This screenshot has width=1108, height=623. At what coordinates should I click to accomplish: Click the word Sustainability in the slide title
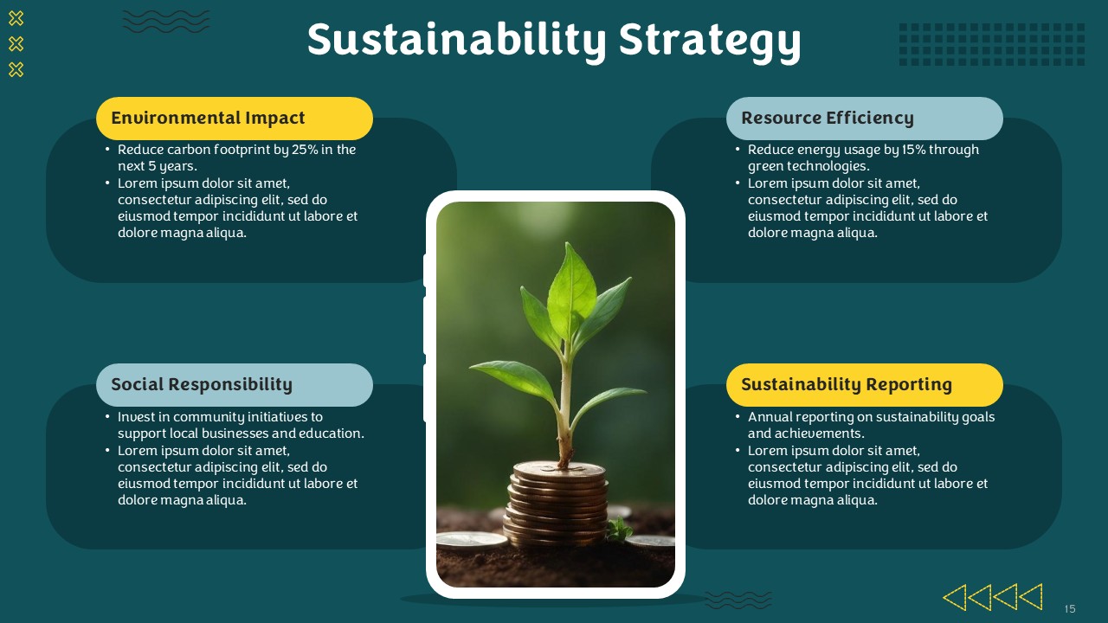[x=456, y=41]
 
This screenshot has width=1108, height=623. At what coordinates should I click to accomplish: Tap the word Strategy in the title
[x=709, y=41]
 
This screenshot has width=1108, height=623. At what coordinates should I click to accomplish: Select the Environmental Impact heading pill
[x=235, y=119]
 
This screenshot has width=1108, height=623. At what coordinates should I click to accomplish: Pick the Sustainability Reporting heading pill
[x=865, y=385]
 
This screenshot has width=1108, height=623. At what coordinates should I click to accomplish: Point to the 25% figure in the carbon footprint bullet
[x=305, y=150]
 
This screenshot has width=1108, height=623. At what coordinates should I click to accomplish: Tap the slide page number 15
[x=1070, y=608]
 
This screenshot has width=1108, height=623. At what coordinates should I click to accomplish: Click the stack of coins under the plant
[x=556, y=504]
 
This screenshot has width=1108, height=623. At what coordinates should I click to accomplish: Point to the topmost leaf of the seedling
[x=572, y=289]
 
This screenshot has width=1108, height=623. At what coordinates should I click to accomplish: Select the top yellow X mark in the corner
[x=16, y=19]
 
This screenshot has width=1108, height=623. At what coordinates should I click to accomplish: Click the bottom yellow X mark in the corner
[x=16, y=70]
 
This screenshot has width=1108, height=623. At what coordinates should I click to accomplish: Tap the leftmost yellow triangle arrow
[x=955, y=597]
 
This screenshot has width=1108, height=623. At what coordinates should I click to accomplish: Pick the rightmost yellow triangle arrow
[x=1032, y=597]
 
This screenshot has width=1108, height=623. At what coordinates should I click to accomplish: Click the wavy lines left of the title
[x=166, y=22]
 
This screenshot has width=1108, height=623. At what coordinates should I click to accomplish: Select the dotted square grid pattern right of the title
[x=992, y=44]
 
